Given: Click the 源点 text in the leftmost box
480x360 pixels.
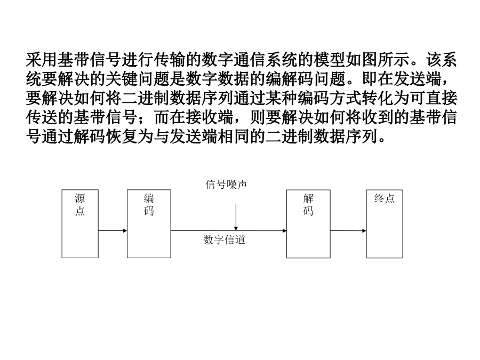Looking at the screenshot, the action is pyautogui.click(x=80, y=205).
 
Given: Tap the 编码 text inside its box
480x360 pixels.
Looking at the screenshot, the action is pyautogui.click(x=149, y=205).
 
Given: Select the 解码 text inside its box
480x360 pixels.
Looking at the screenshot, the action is pyautogui.click(x=308, y=205).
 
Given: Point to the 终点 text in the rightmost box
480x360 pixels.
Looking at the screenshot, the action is pyautogui.click(x=385, y=198).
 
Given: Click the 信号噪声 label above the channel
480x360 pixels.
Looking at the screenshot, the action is pyautogui.click(x=226, y=185).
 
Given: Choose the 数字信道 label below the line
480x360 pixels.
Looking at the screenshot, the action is pyautogui.click(x=225, y=239).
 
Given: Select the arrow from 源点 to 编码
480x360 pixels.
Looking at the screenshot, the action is pyautogui.click(x=113, y=230).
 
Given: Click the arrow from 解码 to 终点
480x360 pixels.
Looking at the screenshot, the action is pyautogui.click(x=348, y=230).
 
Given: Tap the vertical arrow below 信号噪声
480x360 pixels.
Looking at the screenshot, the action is pyautogui.click(x=236, y=217).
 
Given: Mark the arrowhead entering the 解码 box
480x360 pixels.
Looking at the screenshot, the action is pyautogui.click(x=285, y=230).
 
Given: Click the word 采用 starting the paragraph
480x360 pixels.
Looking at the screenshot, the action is pyautogui.click(x=42, y=60).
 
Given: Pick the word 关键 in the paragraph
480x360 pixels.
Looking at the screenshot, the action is pyautogui.click(x=122, y=79).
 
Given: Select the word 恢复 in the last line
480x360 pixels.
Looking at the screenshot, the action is pyautogui.click(x=122, y=136).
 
